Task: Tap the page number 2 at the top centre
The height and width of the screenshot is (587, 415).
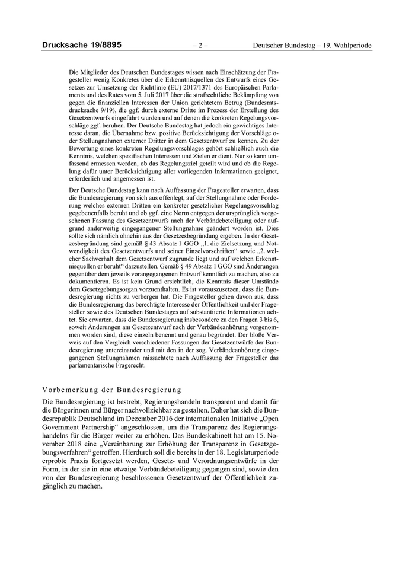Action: (x=201, y=45)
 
